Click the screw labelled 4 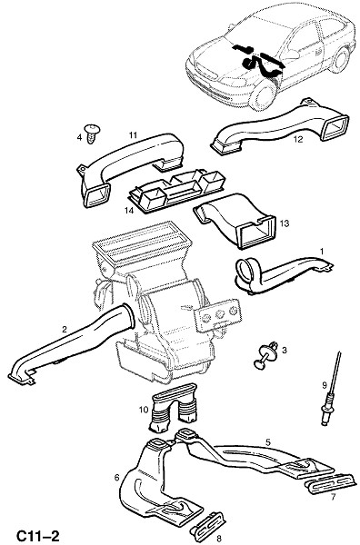point(92,134)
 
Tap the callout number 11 point(134,134)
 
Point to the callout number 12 point(298,139)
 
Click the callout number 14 point(129,211)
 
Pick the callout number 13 point(285,223)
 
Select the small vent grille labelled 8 point(207,522)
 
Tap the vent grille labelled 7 point(331,483)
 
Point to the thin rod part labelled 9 point(331,391)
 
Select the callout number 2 point(64,330)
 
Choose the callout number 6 point(117,478)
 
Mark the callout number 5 point(268,442)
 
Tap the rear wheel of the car point(339,60)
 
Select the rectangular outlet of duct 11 point(96,195)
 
